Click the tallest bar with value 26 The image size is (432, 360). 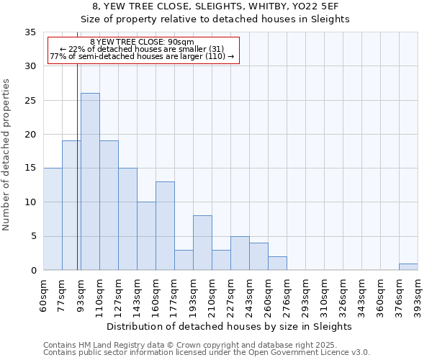coord(90,181)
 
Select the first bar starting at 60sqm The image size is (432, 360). coord(53,219)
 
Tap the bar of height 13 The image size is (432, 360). coord(165,225)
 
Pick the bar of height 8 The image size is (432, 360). coord(202,243)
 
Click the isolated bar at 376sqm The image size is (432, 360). coord(408,266)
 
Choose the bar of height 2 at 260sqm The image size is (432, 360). coord(277,264)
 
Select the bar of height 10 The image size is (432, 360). coord(146,236)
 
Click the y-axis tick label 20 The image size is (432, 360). coord(30,135)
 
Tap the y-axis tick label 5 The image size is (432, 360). coord(33,237)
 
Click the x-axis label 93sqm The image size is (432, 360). coord(81,296)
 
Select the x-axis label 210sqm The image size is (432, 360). coord(212,296)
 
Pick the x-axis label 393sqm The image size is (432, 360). coord(418,296)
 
